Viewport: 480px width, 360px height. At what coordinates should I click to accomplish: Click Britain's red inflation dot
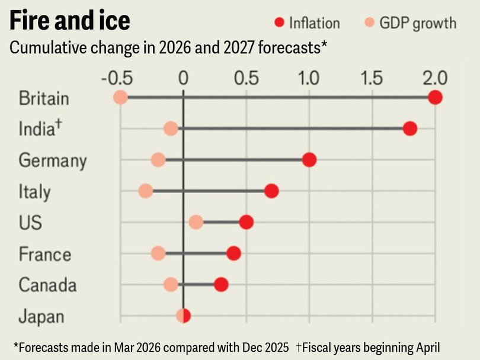(x=435, y=97)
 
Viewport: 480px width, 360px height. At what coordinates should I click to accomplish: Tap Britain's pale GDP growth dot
(x=120, y=97)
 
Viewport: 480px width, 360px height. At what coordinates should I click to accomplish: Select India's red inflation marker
(x=409, y=128)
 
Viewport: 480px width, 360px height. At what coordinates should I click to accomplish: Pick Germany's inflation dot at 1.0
(x=309, y=160)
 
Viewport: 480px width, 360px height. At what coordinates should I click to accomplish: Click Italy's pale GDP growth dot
(x=146, y=191)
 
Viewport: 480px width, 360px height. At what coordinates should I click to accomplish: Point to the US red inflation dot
(x=247, y=222)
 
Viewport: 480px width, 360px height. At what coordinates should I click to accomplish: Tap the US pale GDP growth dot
(x=196, y=222)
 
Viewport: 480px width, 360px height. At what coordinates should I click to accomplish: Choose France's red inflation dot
(x=233, y=253)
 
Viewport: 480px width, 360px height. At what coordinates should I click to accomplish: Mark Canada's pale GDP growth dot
(x=171, y=285)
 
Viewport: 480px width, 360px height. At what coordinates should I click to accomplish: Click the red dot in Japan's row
(x=185, y=316)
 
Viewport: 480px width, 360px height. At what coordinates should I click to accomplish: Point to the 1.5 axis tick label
(x=372, y=78)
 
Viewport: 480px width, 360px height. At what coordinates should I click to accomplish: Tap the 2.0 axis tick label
(x=434, y=78)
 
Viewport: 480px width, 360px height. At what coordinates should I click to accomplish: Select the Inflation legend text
(x=314, y=23)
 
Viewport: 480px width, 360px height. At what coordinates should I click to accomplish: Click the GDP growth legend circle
(x=369, y=23)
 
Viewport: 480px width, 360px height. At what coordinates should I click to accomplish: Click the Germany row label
(x=53, y=160)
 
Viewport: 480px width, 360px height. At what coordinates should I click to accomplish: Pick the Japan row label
(x=41, y=317)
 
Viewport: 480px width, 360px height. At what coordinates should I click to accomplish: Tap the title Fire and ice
(x=69, y=21)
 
